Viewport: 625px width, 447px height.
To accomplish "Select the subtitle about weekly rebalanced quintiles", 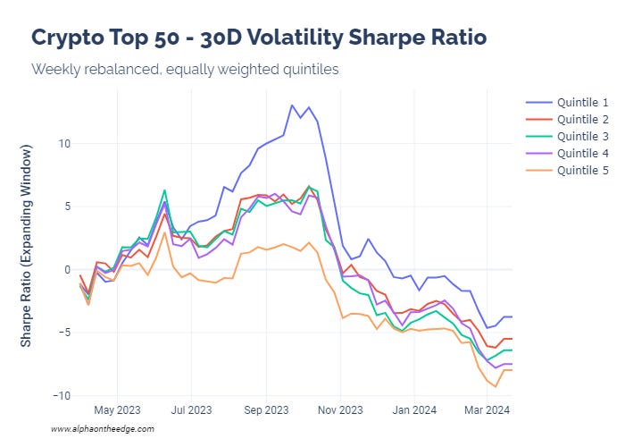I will tap(185, 69).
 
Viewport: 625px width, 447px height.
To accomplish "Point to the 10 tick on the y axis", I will tap(62, 143).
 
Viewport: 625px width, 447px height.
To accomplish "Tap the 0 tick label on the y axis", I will tap(64, 269).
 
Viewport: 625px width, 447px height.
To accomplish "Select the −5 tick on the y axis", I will tap(62, 333).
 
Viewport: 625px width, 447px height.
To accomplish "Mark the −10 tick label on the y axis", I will tap(59, 395).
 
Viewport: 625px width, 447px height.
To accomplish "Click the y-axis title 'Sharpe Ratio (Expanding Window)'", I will tap(27, 254).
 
